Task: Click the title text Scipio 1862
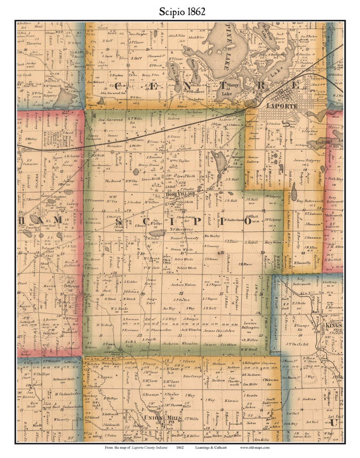182,12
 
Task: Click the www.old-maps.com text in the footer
255,447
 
